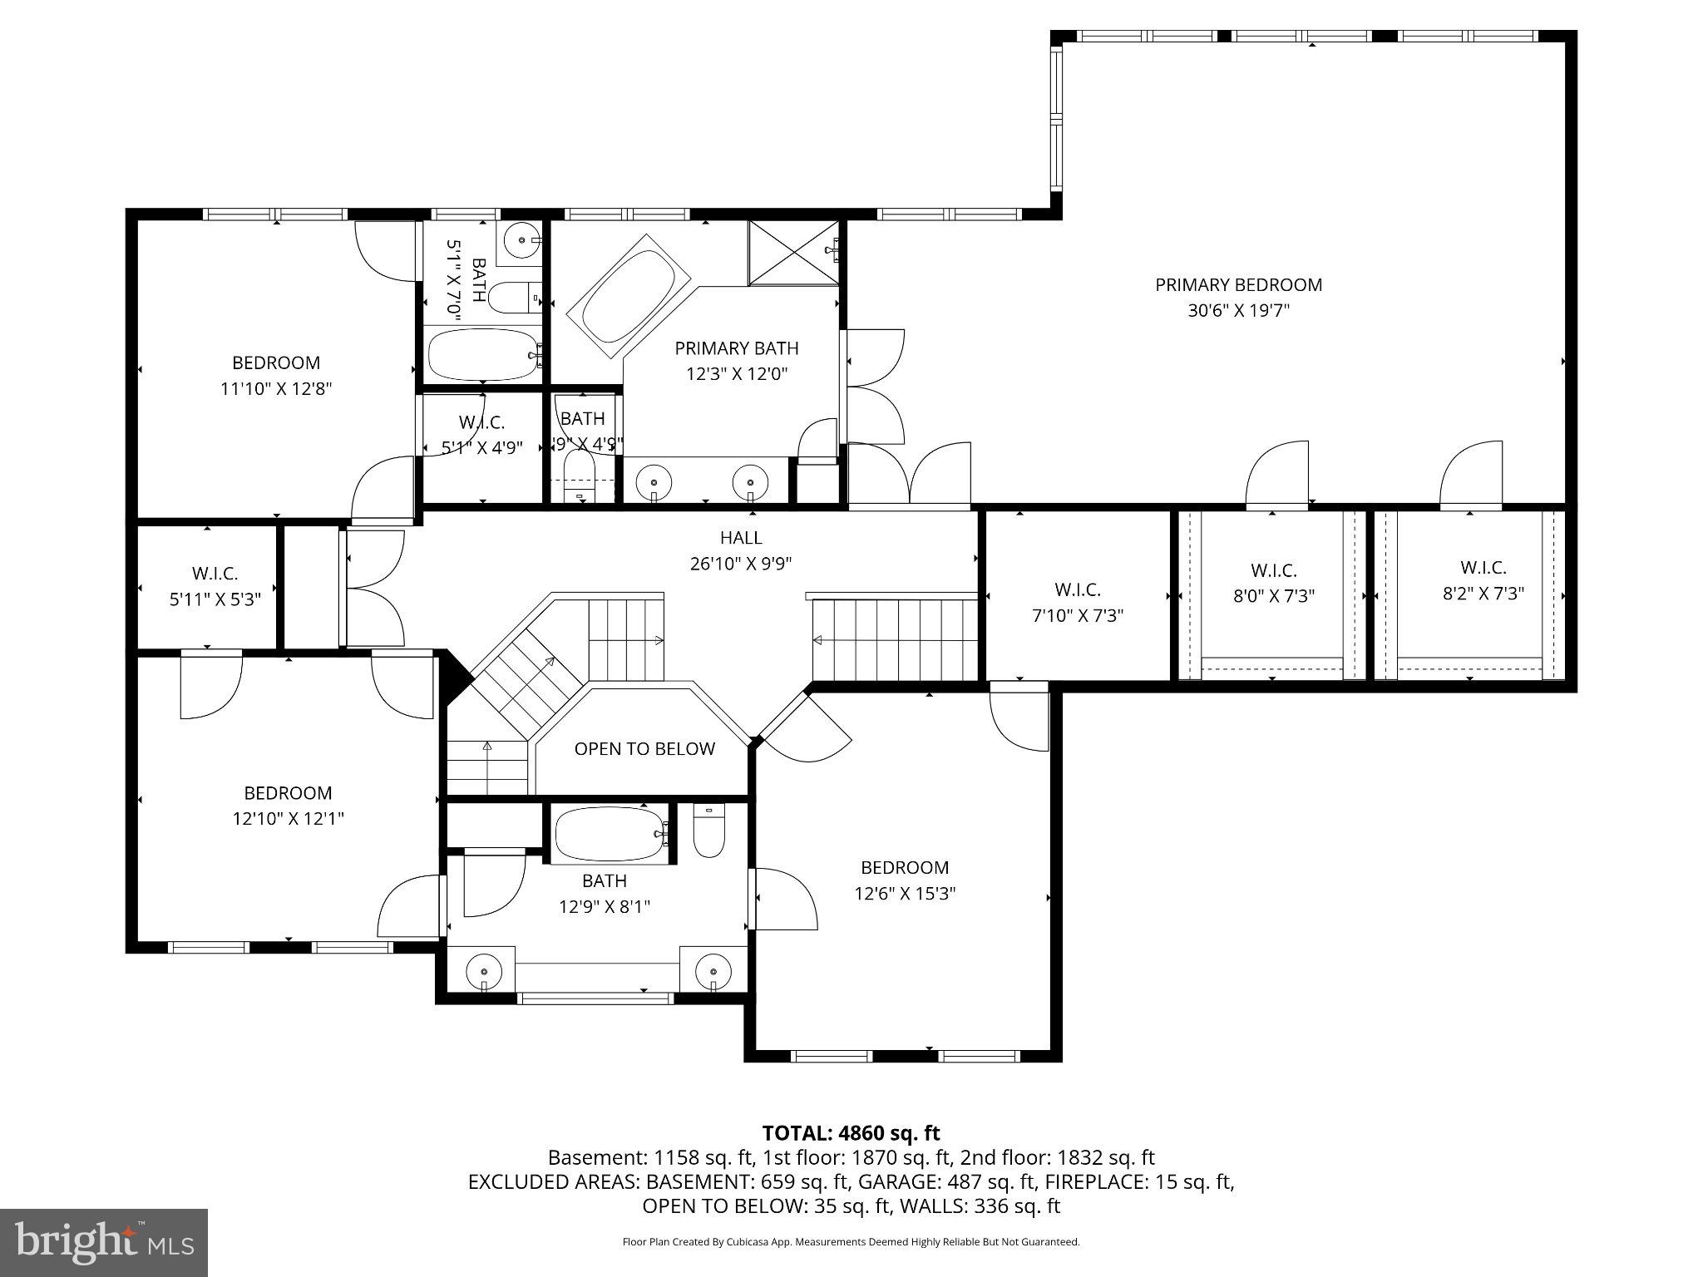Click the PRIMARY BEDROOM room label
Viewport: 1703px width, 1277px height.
tap(1238, 285)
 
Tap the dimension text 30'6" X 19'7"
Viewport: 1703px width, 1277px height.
tap(1238, 311)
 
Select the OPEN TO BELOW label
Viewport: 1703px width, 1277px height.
tap(644, 749)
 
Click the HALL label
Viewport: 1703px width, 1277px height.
tap(740, 538)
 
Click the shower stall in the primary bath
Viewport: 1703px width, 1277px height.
tap(793, 252)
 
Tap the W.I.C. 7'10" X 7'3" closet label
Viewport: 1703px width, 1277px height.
tap(1078, 590)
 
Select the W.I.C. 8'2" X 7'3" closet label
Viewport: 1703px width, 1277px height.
tap(1483, 568)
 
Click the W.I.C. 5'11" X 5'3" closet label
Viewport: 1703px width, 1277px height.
tap(215, 574)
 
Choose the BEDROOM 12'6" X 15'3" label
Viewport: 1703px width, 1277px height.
tap(905, 868)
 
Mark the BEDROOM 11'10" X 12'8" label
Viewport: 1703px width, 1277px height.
tap(276, 363)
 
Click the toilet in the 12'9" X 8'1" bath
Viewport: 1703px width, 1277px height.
tap(708, 832)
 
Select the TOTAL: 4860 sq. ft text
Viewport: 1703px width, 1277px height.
tap(851, 1133)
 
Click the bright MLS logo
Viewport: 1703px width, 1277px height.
tap(104, 1242)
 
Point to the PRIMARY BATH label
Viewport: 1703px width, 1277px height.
tap(736, 348)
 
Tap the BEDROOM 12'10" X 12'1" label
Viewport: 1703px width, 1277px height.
tap(288, 793)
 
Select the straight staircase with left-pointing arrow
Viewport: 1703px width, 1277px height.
tap(894, 639)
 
